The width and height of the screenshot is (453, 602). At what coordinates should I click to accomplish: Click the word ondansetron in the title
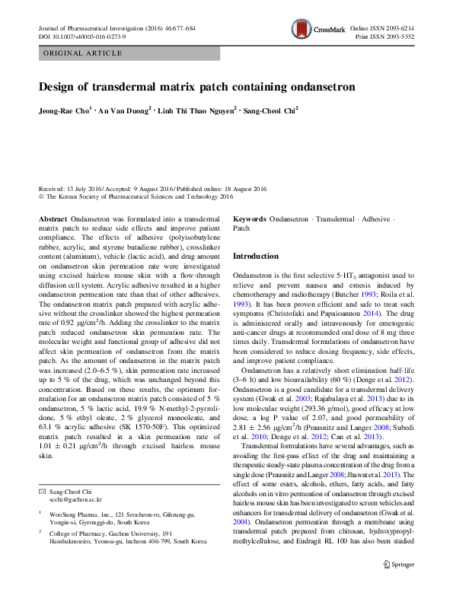323,87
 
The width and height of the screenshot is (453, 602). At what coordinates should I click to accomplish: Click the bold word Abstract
52,218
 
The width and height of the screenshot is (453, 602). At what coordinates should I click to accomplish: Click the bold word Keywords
250,218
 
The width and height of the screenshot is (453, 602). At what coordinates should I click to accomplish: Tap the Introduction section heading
256,256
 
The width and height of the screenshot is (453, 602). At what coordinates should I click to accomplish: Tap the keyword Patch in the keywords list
241,228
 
